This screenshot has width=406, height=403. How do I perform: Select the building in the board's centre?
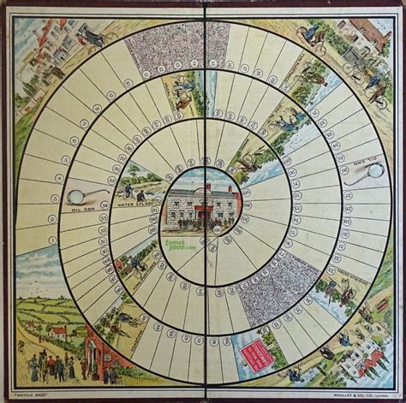coord(202,204)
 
